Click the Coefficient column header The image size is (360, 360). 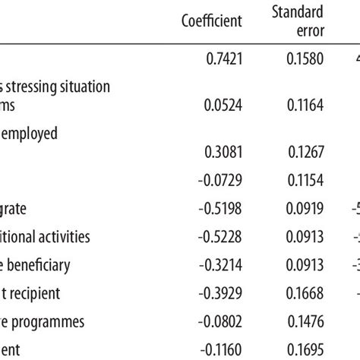[212, 21]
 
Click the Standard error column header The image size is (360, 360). [299, 21]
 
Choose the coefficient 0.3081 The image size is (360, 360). [223, 152]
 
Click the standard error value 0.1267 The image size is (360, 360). [305, 152]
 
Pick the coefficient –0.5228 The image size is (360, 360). [221, 236]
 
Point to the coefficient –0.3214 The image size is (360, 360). [221, 264]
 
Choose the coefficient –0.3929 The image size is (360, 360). [221, 292]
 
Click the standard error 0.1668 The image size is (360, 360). [305, 292]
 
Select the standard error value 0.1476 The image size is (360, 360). [305, 321]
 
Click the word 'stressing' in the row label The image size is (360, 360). [39, 87]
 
